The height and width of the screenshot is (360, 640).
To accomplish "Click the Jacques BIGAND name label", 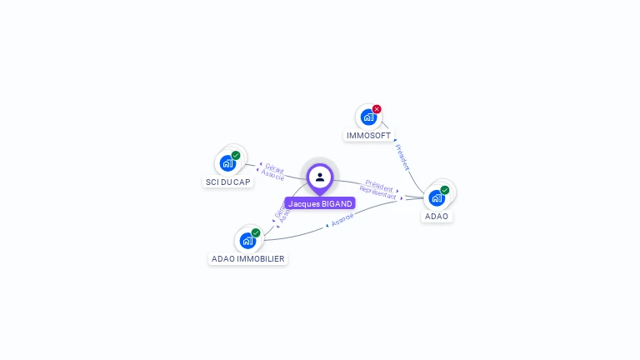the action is tap(321, 203).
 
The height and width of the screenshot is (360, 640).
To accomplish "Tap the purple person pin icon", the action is tap(320, 177).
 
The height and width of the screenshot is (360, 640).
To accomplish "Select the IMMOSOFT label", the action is tap(368, 136).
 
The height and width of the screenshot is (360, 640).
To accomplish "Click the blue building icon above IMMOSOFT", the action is tap(368, 117).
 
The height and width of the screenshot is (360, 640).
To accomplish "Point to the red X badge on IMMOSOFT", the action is tap(377, 109).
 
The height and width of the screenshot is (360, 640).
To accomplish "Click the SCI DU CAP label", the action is tap(227, 182).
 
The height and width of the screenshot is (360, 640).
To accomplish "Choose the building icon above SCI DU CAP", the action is tap(227, 163).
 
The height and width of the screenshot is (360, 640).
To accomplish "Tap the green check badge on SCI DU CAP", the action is tap(236, 155).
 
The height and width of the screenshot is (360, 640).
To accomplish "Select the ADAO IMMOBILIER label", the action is tap(248, 259).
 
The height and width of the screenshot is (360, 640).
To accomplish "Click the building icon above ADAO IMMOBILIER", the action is tap(247, 241).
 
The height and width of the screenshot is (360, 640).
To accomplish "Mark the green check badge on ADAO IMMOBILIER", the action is tap(256, 232).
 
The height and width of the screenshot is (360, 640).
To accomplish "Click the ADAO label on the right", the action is tap(437, 217).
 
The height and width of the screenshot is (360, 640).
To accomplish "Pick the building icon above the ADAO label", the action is tap(437, 198).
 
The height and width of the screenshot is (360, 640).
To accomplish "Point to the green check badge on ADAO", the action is tap(445, 190).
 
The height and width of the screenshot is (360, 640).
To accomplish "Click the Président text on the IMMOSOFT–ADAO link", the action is tap(402, 157).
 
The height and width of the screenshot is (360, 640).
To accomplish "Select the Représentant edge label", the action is tap(377, 192).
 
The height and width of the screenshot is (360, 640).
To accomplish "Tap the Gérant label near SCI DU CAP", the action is tap(274, 169).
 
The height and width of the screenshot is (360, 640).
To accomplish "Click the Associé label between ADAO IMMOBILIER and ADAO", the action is tap(342, 219).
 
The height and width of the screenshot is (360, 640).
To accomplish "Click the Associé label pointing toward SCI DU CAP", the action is tap(272, 176).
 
